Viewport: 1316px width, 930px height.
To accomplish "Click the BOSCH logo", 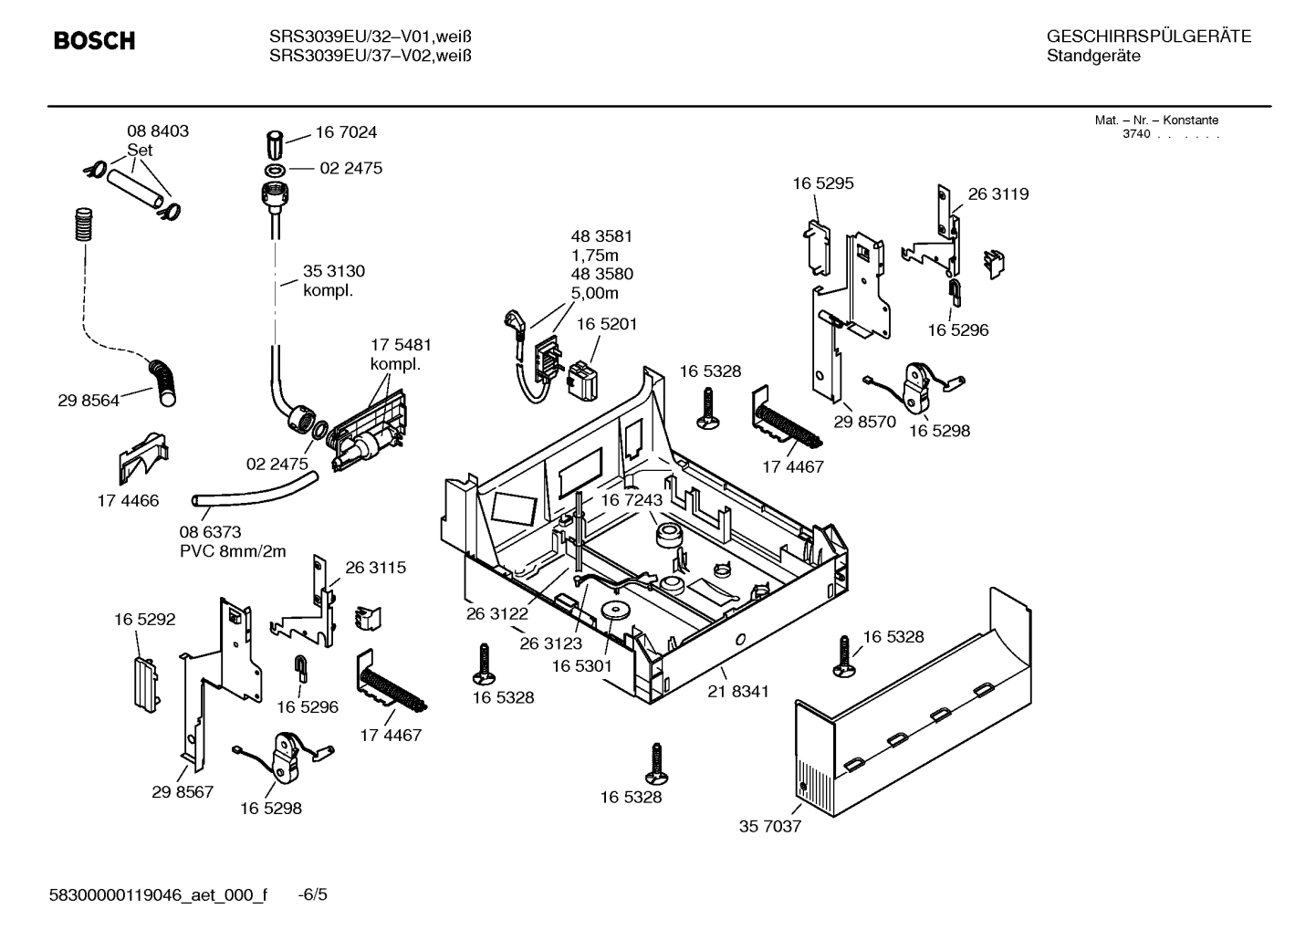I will coord(94,41).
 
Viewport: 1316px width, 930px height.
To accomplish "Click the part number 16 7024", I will coord(346,132).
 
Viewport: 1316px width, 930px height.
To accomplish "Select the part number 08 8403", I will coord(158,131).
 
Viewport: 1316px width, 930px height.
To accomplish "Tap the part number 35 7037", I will coord(769,827).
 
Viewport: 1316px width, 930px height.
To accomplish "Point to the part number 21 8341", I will coord(737,692).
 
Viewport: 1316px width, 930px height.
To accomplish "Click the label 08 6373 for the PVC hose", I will coord(210,532).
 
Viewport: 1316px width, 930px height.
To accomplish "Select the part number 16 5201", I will coord(606,324).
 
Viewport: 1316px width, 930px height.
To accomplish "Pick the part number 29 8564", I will coord(89,401).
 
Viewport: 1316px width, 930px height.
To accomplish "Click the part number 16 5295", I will coord(822,183).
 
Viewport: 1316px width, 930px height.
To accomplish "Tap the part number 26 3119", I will coord(997,194).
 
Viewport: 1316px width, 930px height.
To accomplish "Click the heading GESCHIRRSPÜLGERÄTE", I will coord(1148,37).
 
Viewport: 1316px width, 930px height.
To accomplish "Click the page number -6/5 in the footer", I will coord(313,894).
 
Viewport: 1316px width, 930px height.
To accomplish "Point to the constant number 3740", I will coord(1135,134).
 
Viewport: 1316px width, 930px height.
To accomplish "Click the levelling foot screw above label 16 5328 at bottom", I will coord(654,763).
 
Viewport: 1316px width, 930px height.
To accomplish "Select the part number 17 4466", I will coord(128,500).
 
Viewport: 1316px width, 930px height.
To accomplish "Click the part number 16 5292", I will coord(144,620).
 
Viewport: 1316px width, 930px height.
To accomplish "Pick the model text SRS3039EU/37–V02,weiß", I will coord(370,57).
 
